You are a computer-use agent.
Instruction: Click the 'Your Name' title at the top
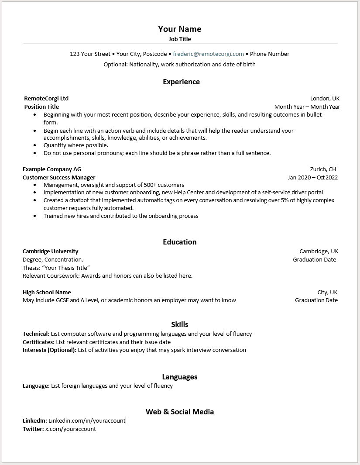point(179,29)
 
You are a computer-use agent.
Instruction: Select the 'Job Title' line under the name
point(179,39)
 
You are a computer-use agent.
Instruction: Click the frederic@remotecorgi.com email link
point(208,54)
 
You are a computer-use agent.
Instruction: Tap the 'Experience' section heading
point(181,82)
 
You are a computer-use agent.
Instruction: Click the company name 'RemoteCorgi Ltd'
point(46,99)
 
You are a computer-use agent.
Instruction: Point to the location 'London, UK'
point(324,99)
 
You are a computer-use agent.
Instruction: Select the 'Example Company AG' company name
point(52,169)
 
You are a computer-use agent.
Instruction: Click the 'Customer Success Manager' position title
point(59,178)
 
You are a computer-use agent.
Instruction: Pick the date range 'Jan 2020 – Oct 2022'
point(312,178)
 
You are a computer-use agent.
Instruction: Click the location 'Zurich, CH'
point(323,169)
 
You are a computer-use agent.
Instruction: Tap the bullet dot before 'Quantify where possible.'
point(35,145)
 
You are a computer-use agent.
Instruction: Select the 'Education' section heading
point(179,242)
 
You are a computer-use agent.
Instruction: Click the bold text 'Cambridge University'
point(51,251)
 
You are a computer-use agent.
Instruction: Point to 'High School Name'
point(47,293)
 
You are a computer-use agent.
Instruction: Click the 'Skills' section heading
point(179,324)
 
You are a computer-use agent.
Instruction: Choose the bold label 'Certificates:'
point(38,342)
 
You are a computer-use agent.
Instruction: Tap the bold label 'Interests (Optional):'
point(49,350)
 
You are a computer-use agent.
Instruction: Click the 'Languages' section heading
point(179,377)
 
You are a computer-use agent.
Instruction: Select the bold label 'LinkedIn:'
point(34,421)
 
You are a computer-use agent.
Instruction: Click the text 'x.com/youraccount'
point(71,429)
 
